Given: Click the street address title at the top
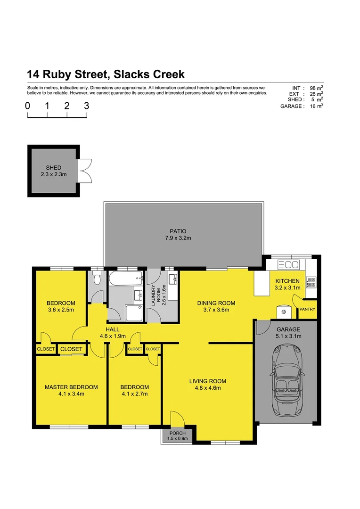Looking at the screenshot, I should click(106, 74).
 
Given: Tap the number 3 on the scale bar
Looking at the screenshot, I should click(86, 106).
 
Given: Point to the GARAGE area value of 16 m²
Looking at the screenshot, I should click(316, 107).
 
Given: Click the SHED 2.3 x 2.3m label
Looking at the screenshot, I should click(53, 171).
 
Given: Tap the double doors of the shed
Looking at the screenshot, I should click(85, 171).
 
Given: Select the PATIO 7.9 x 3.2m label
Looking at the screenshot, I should click(178, 235).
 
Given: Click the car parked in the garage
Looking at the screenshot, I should click(286, 379).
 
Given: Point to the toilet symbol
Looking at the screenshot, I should click(97, 279).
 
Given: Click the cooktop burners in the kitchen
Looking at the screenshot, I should click(311, 282).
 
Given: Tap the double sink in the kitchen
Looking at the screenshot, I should click(286, 264).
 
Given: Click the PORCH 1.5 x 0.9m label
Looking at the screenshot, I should click(178, 436).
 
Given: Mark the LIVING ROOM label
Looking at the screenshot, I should click(208, 385).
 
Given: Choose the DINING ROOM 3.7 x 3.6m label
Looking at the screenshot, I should click(216, 306).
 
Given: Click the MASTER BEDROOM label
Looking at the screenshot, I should click(71, 390).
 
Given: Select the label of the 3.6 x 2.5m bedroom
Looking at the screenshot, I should click(61, 306).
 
